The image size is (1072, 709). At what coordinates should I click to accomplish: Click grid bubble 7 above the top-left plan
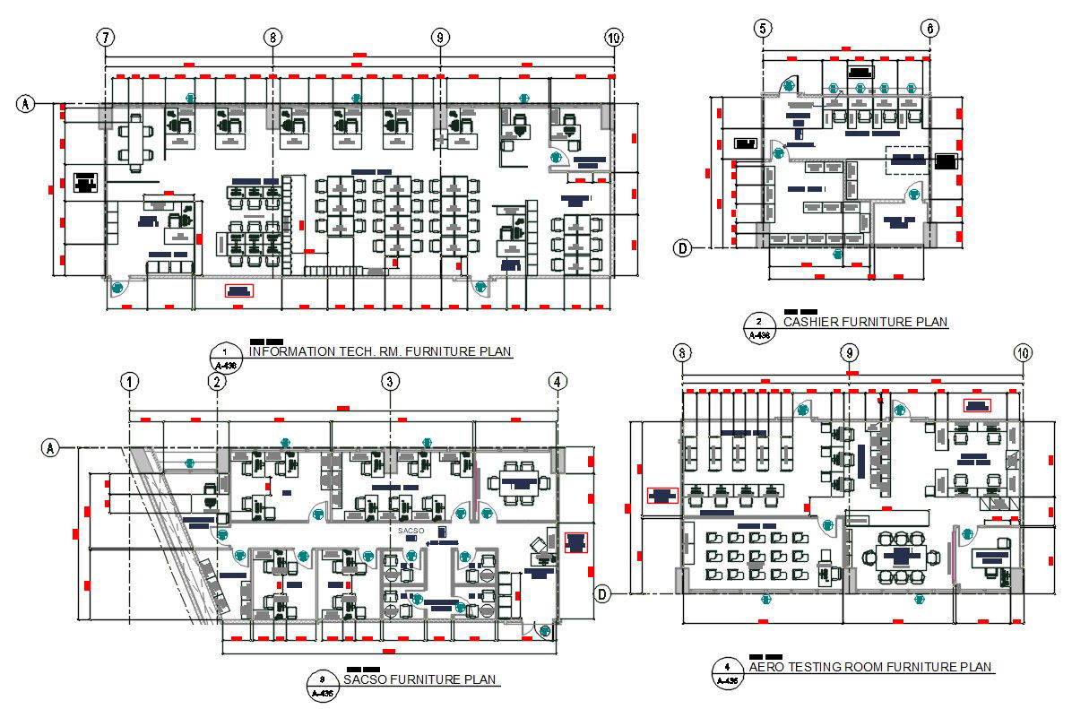[106, 38]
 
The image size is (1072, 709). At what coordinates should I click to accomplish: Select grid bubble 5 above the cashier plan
[763, 29]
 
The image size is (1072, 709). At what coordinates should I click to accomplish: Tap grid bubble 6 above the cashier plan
[929, 29]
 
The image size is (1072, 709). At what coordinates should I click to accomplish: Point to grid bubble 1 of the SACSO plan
[132, 382]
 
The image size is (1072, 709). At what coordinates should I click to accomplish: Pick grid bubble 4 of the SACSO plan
[558, 382]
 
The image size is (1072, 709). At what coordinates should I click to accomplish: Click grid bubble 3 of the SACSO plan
[389, 382]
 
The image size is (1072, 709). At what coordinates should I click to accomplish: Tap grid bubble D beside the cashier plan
[683, 248]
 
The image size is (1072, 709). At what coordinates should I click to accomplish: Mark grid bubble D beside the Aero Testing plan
[604, 593]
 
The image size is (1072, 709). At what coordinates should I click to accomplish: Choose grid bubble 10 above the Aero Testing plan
[1022, 353]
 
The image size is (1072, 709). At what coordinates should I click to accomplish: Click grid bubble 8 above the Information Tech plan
[272, 38]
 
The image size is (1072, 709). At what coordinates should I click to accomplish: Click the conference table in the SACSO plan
[517, 482]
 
